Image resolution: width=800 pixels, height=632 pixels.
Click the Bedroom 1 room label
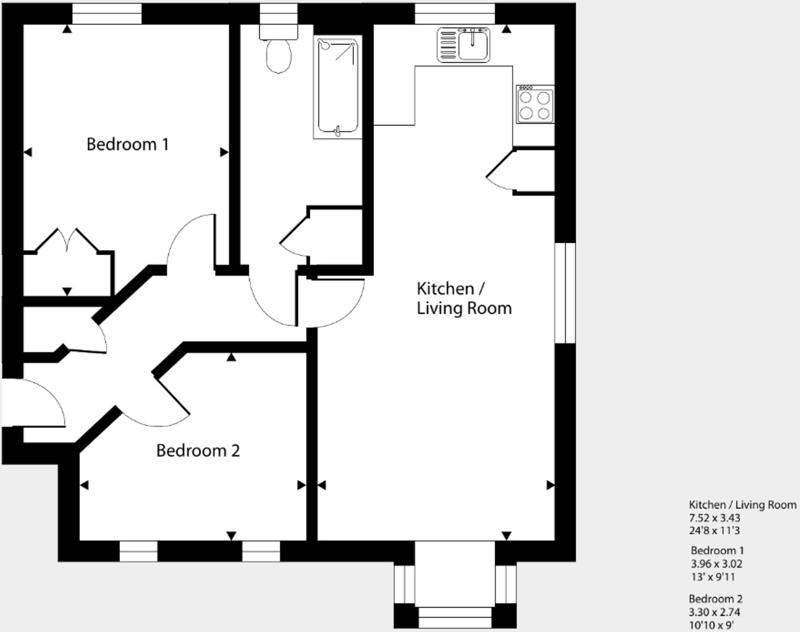coord(128,145)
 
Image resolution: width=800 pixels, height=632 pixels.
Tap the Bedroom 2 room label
coord(198,451)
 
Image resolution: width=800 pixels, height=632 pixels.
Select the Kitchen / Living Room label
coord(464,298)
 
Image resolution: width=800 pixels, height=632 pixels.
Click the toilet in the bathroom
coord(279,54)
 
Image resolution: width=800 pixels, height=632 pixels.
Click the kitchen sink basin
coord(473,45)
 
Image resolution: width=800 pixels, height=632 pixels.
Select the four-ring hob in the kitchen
coord(535,104)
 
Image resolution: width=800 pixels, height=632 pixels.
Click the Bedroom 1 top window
coord(107,14)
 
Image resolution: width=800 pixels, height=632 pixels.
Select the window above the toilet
coord(279,14)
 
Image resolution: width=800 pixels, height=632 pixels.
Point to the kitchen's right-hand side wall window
coord(565,293)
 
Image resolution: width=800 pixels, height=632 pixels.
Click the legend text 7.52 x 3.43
coord(715,518)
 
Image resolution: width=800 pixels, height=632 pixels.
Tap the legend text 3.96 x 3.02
coord(716,564)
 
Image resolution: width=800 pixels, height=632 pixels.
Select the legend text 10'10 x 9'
coord(711,625)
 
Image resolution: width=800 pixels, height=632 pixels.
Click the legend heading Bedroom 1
coord(717,550)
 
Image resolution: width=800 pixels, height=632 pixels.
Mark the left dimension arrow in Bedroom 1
coord(28,153)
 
